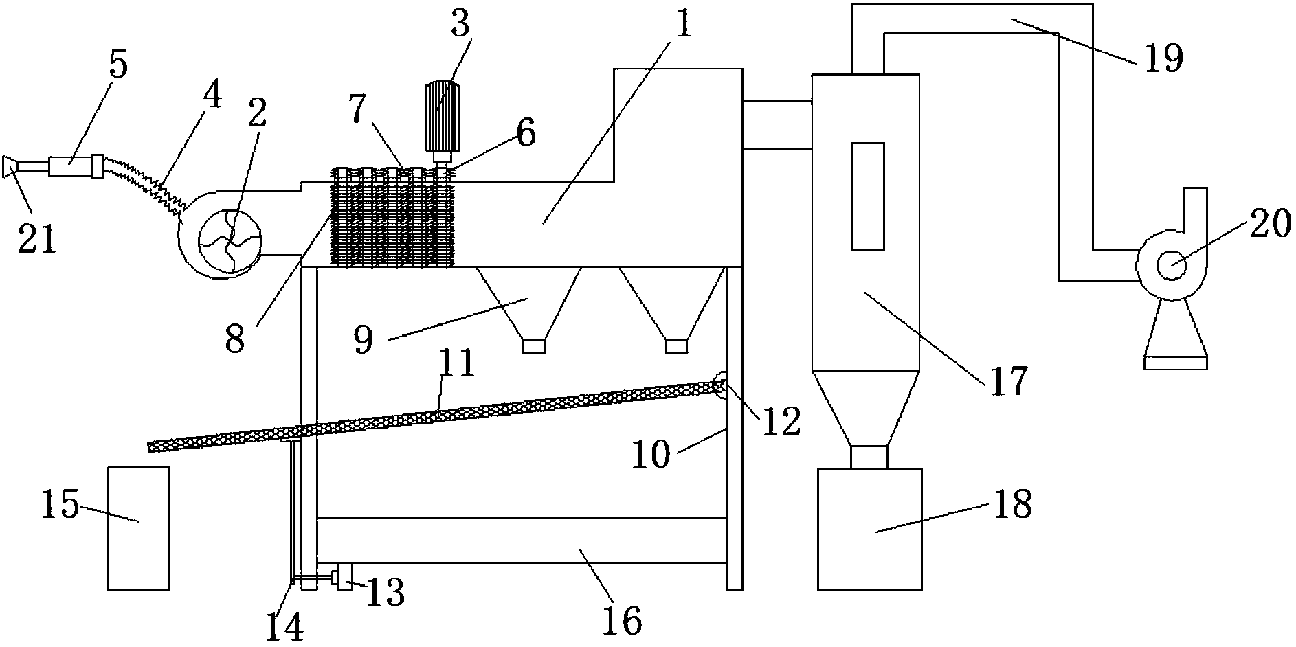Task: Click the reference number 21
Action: click(38, 240)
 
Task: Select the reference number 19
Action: click(1163, 58)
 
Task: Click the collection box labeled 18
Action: click(869, 528)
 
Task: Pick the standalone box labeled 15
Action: click(139, 527)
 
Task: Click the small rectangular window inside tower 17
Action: click(867, 196)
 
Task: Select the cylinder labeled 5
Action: click(70, 166)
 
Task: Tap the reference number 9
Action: click(364, 339)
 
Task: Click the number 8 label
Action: click(235, 339)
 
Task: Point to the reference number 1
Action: click(684, 25)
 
